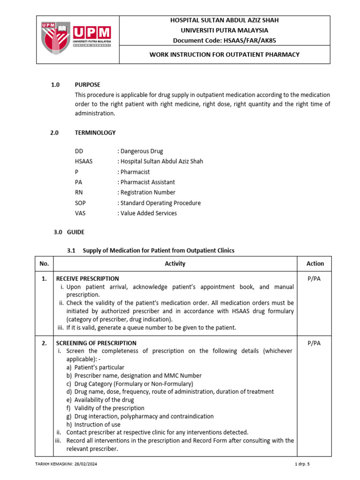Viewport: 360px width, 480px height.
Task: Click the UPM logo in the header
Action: click(77, 39)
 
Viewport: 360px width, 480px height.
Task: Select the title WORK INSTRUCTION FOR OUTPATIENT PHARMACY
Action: click(224, 55)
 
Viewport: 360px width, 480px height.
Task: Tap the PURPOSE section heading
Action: click(88, 85)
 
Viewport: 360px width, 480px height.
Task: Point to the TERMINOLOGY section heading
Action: click(95, 133)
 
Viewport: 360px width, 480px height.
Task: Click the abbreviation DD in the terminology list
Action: click(79, 151)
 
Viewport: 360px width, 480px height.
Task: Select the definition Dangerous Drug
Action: click(142, 151)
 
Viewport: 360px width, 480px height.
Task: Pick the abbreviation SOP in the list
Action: click(81, 203)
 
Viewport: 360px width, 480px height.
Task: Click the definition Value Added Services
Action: click(149, 213)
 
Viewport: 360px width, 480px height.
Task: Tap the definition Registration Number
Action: click(148, 193)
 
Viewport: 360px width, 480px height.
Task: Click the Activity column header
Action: click(175, 264)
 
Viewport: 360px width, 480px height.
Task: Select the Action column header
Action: click(315, 264)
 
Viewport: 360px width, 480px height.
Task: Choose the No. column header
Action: click(44, 264)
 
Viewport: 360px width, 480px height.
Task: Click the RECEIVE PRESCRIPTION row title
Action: click(87, 279)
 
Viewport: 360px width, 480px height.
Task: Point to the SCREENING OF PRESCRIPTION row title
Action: click(96, 343)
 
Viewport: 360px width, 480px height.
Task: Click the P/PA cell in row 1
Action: click(315, 279)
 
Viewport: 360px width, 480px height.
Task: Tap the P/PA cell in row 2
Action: click(315, 343)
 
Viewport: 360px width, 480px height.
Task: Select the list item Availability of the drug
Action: click(104, 400)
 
